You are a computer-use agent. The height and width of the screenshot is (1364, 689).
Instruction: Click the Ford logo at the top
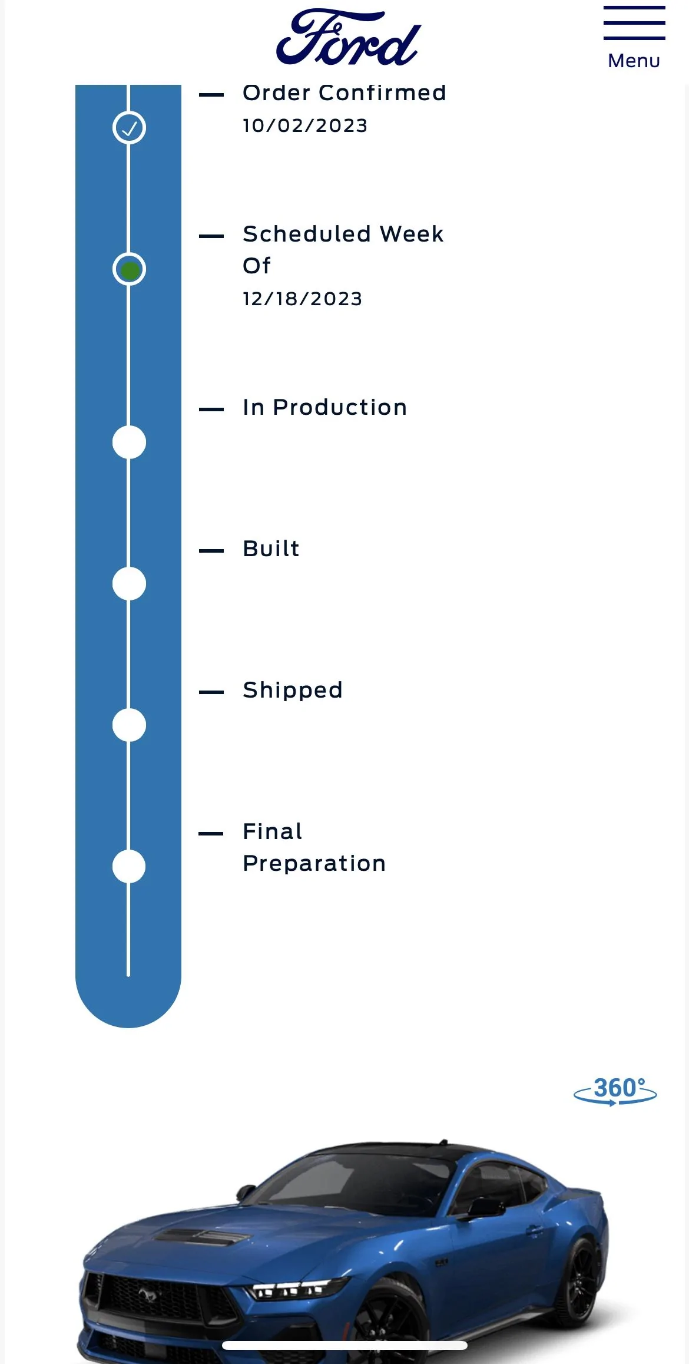coord(348,37)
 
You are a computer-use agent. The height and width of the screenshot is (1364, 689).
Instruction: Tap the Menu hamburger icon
coord(634,23)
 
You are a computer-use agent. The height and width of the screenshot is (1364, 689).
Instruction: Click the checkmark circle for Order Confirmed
coord(129,127)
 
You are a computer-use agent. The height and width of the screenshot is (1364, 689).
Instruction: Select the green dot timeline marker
coord(129,269)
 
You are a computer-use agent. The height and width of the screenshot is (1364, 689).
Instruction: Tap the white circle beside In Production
coord(129,442)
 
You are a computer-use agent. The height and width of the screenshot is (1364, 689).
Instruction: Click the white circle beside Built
coord(129,583)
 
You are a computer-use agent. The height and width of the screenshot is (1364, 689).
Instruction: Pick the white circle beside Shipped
coord(129,725)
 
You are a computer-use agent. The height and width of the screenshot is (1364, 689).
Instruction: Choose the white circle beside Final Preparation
coord(129,866)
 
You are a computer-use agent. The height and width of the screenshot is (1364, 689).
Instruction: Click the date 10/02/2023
coord(305,125)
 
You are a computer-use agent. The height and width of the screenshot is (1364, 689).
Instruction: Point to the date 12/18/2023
coord(303,299)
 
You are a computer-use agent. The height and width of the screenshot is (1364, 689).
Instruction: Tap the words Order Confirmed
coord(344,93)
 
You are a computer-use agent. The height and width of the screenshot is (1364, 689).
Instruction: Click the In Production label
coord(325,407)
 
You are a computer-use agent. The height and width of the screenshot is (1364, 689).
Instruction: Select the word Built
coord(271,549)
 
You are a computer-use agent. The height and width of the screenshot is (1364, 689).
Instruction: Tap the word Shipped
coord(293,691)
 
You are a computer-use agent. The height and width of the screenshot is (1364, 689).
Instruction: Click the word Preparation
coord(314,864)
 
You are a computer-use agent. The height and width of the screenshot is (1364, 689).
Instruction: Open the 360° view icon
coord(615,1091)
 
